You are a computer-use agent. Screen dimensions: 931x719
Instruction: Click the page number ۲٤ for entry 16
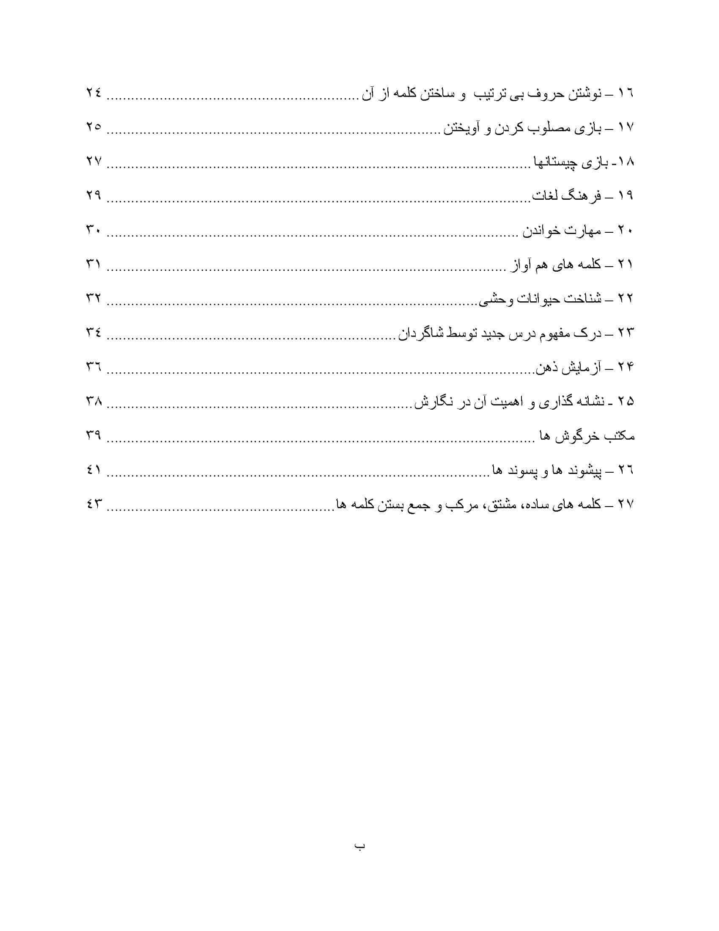pyautogui.click(x=93, y=93)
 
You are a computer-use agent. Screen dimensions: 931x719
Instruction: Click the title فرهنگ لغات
pyautogui.click(x=567, y=196)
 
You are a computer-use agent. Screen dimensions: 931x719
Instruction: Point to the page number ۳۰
pyautogui.click(x=93, y=230)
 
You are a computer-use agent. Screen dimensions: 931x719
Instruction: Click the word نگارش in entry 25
pyautogui.click(x=436, y=402)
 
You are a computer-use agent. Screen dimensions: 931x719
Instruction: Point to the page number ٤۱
pyautogui.click(x=93, y=470)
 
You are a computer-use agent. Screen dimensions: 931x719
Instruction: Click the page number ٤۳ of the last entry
pyautogui.click(x=93, y=504)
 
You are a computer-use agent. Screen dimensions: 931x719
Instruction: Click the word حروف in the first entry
pyautogui.click(x=538, y=93)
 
